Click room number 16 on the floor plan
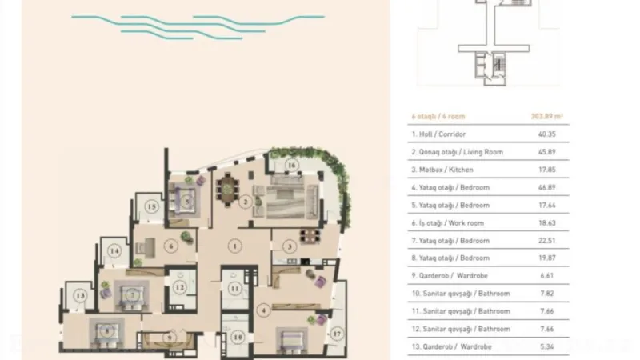point(292,166)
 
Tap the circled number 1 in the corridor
point(233,246)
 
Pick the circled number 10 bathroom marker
point(238,337)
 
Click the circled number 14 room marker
point(115,251)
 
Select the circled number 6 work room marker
point(171,246)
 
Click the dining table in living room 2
point(227,187)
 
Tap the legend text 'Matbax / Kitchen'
point(453,170)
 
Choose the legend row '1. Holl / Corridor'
point(438,134)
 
